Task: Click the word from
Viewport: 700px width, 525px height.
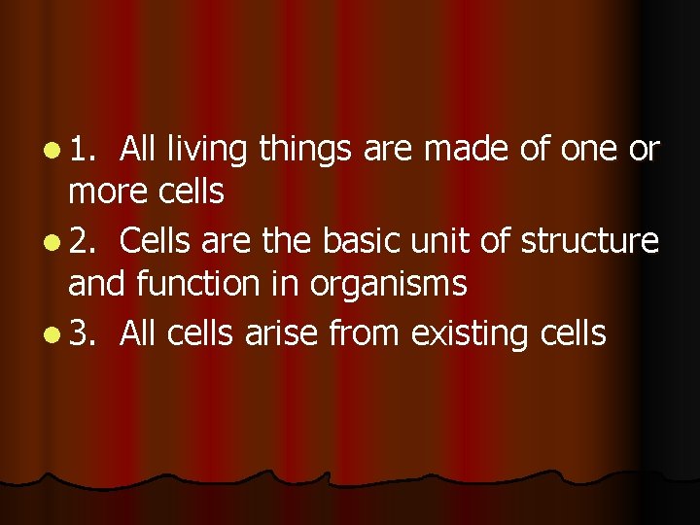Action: point(366,332)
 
